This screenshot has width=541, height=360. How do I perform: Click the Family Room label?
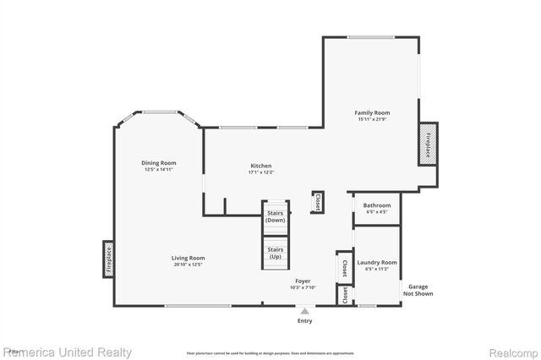(372, 112)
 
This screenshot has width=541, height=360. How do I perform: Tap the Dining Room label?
(158, 163)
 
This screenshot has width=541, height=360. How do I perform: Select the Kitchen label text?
(260, 166)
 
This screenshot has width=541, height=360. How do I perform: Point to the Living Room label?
(189, 258)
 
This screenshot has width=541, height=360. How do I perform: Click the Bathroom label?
(377, 205)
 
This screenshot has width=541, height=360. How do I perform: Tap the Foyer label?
(303, 281)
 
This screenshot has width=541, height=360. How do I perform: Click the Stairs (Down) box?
(275, 216)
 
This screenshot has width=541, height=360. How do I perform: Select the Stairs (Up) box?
(275, 253)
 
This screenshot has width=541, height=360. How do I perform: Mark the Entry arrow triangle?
(305, 312)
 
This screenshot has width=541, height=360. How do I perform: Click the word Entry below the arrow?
(305, 321)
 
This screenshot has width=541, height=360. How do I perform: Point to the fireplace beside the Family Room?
(429, 142)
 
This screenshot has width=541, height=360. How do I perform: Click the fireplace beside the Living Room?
(108, 259)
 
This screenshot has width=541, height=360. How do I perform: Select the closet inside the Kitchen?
(317, 202)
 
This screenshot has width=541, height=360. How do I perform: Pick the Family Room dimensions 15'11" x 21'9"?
(372, 119)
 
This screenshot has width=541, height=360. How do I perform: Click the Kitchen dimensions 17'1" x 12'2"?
(260, 172)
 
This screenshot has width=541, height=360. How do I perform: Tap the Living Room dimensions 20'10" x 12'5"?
(189, 265)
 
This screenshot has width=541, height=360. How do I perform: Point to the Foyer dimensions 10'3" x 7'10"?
(303, 287)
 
